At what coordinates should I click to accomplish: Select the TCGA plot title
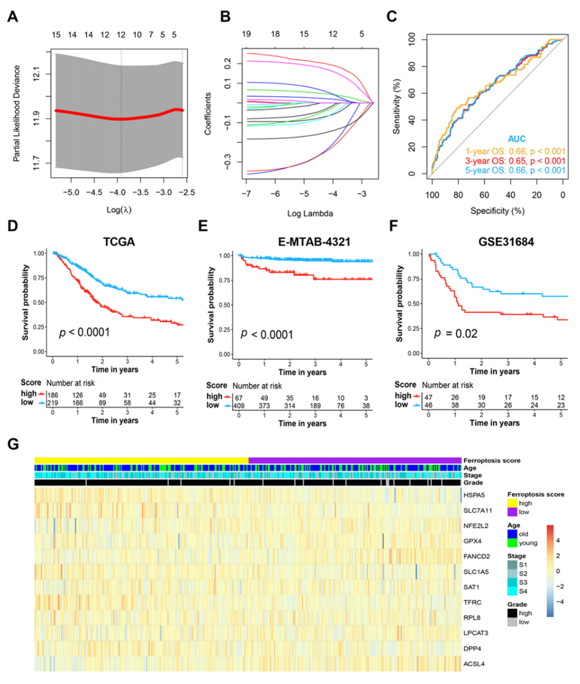[119, 242]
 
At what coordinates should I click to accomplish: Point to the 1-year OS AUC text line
[515, 152]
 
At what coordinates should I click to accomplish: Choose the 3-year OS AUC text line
[515, 161]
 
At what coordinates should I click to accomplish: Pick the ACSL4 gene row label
[474, 664]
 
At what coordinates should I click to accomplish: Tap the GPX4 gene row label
[473, 541]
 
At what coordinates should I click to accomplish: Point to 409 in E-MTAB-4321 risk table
[239, 406]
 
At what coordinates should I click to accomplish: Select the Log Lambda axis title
[310, 214]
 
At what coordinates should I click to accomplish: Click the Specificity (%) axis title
[497, 211]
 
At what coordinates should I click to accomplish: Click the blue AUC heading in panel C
[516, 139]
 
